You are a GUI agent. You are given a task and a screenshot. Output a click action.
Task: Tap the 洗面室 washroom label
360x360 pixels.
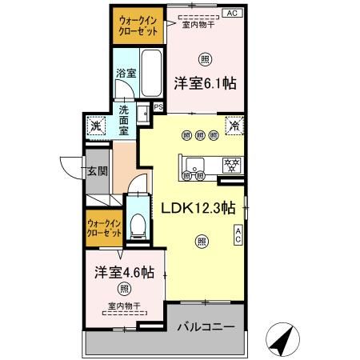pyautogui.click(x=125, y=119)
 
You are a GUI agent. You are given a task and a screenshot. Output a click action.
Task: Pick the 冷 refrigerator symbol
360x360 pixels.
pyautogui.click(x=235, y=125)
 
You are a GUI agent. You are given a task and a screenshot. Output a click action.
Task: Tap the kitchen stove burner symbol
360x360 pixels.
pyautogui.click(x=232, y=166)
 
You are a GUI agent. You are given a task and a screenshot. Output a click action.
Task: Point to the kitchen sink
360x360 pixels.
pyautogui.click(x=193, y=167)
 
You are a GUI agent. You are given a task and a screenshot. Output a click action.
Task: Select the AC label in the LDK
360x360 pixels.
pyautogui.click(x=238, y=234)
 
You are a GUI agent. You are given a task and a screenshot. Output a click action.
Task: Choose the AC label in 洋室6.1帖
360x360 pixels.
pyautogui.click(x=232, y=14)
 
